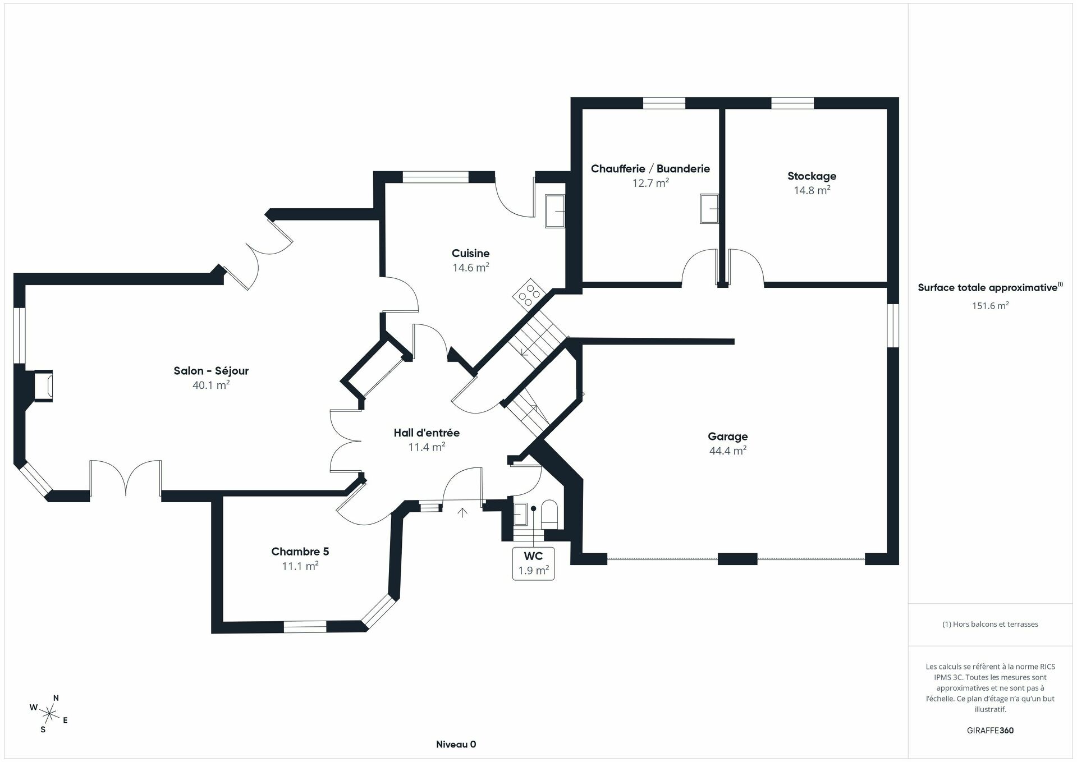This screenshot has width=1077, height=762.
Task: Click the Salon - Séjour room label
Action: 211,371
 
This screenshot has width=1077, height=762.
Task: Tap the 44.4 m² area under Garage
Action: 727,451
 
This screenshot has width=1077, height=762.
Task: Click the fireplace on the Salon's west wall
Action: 43,385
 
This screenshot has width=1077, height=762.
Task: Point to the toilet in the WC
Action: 549,514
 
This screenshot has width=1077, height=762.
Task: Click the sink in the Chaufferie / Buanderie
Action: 709,209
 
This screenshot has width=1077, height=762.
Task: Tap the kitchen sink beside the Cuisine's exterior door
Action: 555,212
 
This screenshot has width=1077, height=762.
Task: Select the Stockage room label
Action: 812,176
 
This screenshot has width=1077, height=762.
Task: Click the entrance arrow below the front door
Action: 462,512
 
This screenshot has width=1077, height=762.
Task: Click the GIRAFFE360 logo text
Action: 990,731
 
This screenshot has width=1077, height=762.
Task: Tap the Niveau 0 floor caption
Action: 456,745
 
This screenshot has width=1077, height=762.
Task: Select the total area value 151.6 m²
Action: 990,306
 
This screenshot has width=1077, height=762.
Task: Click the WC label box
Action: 533,563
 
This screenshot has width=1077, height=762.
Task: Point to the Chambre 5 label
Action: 300,552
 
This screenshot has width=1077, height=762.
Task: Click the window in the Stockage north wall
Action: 792,103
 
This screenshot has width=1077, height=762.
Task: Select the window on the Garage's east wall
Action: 892,325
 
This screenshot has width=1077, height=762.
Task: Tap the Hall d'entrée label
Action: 427,433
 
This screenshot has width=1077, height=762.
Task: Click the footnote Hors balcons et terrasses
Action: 990,624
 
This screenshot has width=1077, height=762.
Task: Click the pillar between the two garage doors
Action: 737,559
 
